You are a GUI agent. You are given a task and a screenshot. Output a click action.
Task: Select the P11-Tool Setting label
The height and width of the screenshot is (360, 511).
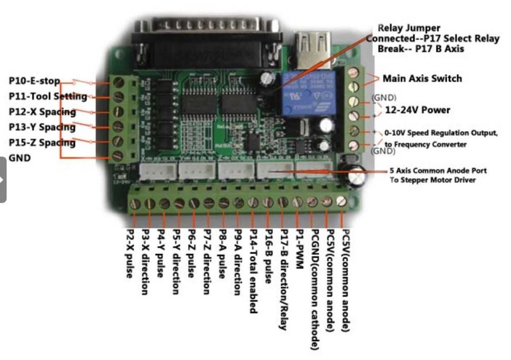coord(48,96)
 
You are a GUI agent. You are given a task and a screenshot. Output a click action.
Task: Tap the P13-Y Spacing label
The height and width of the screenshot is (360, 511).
coord(42,127)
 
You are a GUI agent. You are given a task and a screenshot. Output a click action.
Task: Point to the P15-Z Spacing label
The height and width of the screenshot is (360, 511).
coord(42,142)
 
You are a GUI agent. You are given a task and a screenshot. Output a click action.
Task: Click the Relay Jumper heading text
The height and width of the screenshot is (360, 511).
coord(409,28)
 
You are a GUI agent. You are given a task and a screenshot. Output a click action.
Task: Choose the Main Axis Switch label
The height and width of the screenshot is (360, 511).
coord(422,79)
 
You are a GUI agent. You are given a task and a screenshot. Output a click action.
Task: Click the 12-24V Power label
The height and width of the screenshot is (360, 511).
coord(417,110)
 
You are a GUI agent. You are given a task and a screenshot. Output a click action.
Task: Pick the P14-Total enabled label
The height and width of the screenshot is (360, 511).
coord(252,272)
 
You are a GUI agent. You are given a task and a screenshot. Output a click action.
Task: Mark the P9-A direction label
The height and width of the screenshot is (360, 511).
coord(238,263)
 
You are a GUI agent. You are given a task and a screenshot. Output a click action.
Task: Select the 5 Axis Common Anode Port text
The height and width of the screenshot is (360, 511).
coord(438,170)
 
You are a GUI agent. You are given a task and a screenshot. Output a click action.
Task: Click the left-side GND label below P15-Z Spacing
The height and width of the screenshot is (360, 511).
coord(20,158)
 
